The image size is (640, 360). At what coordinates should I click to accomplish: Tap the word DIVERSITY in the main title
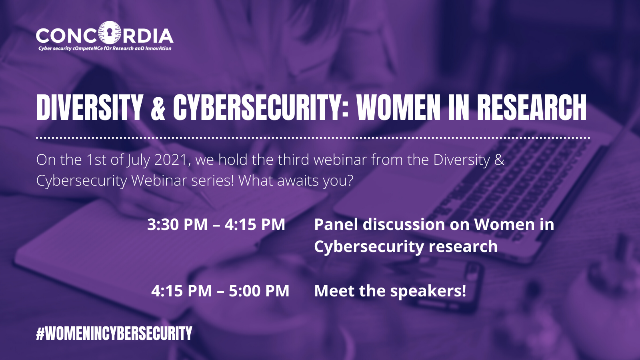coord(90,107)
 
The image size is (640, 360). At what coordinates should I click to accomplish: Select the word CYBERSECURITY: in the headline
coord(261,107)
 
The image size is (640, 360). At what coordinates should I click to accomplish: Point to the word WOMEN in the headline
coord(398,107)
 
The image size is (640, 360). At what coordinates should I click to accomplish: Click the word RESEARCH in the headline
coord(532,107)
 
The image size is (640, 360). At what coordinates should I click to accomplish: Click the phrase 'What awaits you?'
coord(296,181)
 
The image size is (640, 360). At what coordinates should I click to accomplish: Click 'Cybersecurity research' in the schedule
coord(406,246)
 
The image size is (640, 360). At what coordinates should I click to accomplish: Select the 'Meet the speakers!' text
coord(390,291)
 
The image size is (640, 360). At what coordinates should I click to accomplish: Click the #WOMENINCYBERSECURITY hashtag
coord(114,334)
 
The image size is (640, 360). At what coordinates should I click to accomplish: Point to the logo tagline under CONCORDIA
coord(105,48)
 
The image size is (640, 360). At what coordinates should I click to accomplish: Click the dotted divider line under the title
coord(313,138)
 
